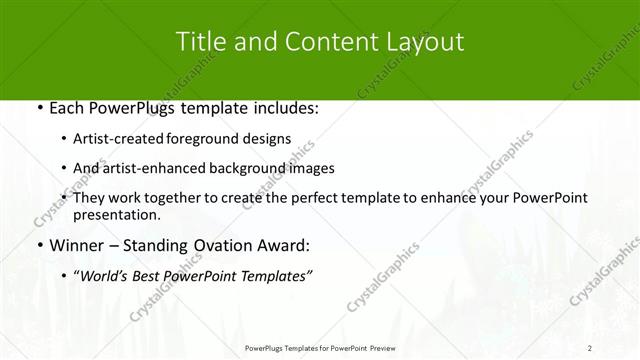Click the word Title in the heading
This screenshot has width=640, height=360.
pos(200,42)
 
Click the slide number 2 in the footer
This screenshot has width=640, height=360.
pos(590,347)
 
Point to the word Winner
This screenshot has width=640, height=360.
pos(75,244)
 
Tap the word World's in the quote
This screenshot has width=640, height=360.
pos(104,275)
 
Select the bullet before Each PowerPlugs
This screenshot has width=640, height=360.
pos(37,108)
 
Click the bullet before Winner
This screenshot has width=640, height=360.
pos(37,244)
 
